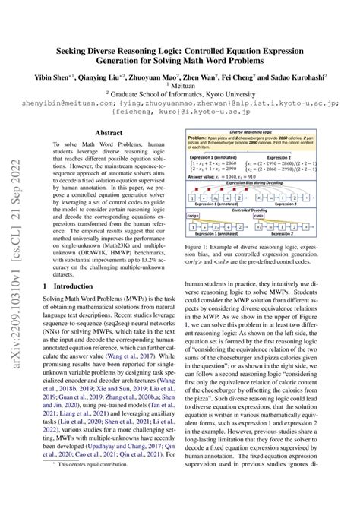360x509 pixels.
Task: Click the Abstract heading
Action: (x=105, y=131)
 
